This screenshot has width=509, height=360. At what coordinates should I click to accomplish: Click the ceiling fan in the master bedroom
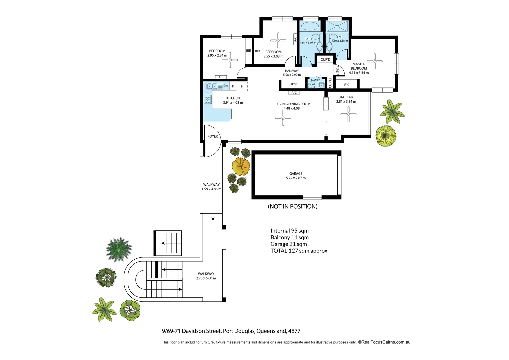[375, 61]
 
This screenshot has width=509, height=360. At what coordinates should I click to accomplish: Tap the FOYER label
[213, 136]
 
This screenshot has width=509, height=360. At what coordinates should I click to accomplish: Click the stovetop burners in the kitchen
[208, 99]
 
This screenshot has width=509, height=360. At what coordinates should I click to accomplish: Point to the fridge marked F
[242, 86]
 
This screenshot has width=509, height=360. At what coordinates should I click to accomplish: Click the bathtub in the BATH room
[310, 26]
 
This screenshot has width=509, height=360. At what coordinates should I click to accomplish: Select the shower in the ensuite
[337, 26]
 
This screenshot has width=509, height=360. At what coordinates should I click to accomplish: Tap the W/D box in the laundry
[312, 85]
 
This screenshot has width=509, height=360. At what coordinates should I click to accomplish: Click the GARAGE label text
[296, 173]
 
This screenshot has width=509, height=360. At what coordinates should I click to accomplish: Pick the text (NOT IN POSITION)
[293, 206]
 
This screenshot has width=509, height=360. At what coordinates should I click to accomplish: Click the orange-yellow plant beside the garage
[241, 166]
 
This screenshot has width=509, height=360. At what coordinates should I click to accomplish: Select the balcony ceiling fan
[348, 114]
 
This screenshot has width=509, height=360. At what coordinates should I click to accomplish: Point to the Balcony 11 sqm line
[289, 237]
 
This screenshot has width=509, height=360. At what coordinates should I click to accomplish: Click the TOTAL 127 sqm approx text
[299, 251]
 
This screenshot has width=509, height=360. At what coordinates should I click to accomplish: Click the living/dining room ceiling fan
[283, 118]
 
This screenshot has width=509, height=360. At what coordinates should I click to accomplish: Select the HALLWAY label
[292, 71]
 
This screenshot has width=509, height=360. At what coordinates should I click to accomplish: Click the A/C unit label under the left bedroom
[221, 77]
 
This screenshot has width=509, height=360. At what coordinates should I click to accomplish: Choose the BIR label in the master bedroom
[346, 84]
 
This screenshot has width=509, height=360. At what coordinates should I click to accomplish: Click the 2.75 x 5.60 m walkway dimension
[206, 278]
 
